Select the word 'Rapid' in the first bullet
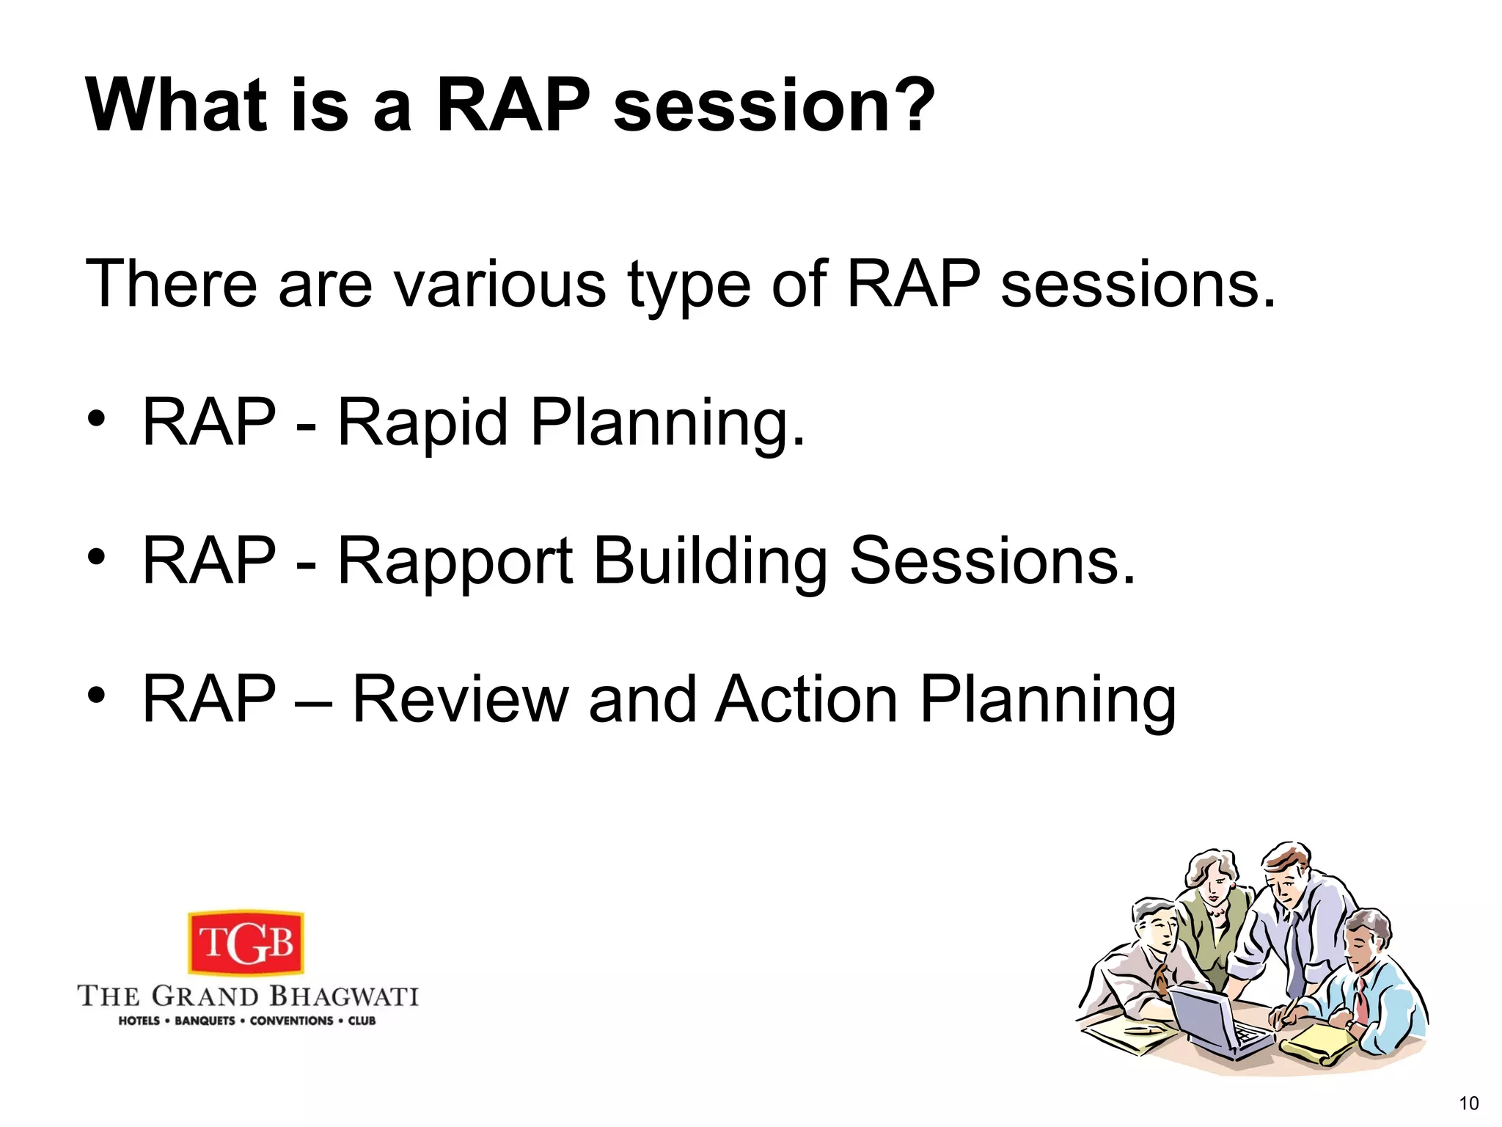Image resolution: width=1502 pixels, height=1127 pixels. [422, 423]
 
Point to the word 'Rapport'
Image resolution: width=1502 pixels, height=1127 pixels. [454, 561]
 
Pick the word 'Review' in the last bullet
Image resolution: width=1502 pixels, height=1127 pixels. [460, 699]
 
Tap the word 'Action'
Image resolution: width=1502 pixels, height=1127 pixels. [806, 699]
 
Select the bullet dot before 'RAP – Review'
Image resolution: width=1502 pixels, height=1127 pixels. [97, 696]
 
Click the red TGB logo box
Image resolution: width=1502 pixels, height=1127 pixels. [246, 943]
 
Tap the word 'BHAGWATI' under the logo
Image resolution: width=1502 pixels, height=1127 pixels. [343, 996]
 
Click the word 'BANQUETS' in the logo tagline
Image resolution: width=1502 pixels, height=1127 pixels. [205, 1021]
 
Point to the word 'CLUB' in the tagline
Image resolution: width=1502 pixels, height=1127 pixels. [361, 1021]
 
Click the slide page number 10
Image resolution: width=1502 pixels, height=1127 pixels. [1468, 1104]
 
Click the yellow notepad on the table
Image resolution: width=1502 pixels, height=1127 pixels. [1320, 1042]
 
